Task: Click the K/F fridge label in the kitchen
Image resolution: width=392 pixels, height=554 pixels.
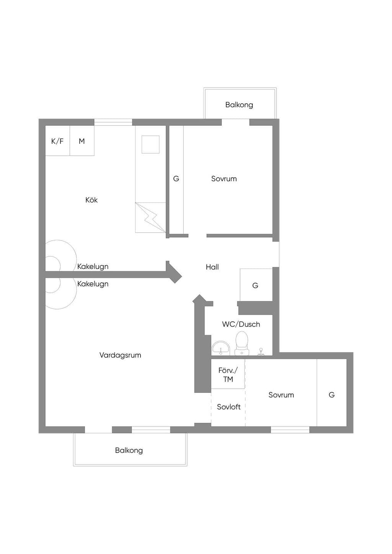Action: (57, 141)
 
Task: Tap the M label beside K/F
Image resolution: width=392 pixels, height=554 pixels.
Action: (82, 141)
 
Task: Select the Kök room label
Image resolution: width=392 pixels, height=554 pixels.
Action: (91, 200)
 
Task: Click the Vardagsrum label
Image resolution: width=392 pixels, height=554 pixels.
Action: (120, 355)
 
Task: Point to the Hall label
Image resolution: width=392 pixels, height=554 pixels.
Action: (212, 267)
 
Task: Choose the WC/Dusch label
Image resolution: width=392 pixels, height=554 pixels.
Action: (241, 324)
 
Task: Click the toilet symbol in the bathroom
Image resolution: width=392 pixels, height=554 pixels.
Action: (242, 343)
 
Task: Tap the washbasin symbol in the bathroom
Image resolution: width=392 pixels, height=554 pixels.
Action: (221, 348)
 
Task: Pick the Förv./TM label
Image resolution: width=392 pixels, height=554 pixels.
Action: (228, 375)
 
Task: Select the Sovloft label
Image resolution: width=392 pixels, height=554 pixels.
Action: (229, 407)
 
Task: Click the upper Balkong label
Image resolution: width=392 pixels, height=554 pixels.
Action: (239, 105)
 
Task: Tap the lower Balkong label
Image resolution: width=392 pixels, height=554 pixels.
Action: (129, 450)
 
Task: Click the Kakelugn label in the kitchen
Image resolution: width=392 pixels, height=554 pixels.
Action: (93, 267)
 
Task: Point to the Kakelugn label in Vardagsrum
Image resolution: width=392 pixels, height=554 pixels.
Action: (93, 284)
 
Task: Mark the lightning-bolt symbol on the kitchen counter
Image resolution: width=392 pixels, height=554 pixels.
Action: (150, 218)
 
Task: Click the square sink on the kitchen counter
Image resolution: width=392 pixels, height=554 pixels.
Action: (150, 145)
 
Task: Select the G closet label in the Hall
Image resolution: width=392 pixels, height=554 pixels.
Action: (255, 285)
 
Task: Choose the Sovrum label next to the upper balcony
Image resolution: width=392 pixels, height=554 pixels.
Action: (224, 179)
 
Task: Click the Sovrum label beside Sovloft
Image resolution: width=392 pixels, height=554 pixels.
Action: (281, 395)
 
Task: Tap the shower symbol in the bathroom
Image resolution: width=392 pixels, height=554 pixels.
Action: (260, 352)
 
